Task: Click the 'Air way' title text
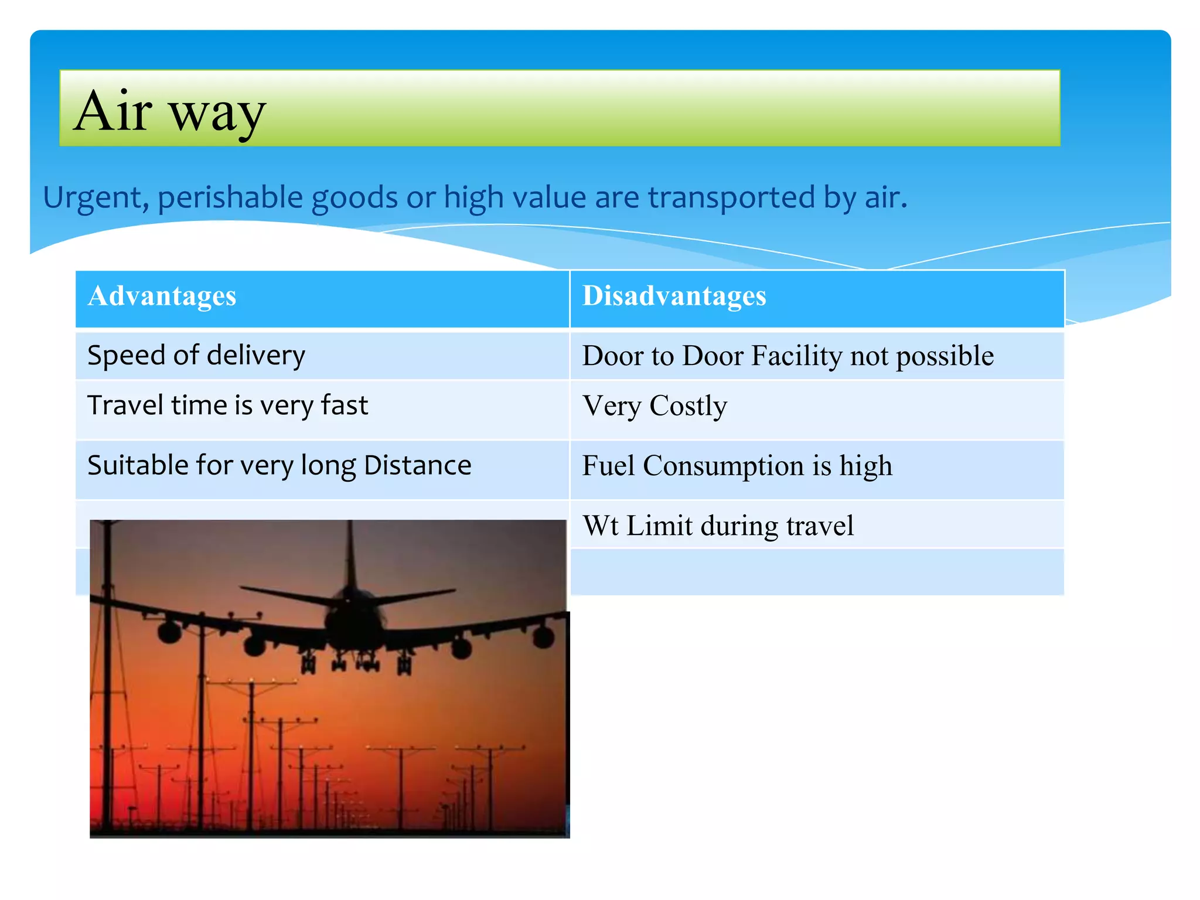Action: (170, 111)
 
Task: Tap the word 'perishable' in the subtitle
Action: (230, 198)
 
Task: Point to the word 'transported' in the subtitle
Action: (731, 198)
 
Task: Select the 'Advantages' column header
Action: (162, 296)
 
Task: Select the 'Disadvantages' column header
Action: (674, 296)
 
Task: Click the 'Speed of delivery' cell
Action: (196, 356)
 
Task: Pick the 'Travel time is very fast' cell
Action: (227, 406)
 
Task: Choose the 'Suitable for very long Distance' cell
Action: (279, 466)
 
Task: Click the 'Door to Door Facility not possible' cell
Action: (787, 356)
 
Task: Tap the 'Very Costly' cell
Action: (654, 406)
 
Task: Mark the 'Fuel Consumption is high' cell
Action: (737, 466)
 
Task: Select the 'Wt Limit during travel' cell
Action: (718, 526)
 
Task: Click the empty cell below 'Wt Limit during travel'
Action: (817, 572)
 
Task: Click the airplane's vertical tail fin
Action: (351, 557)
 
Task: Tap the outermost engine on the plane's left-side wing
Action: (169, 632)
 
